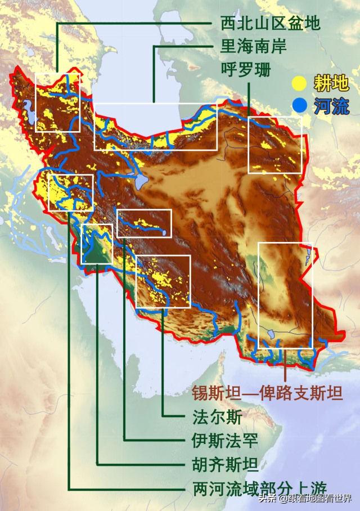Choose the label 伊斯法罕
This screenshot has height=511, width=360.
click(222, 440)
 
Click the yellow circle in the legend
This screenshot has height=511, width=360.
click(300, 84)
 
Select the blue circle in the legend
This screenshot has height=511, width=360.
click(300, 105)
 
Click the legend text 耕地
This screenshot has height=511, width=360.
click(331, 84)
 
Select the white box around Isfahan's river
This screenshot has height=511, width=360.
click(144, 223)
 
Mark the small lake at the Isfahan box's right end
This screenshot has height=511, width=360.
click(163, 231)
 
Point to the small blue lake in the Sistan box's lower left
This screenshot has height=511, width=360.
click(271, 333)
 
